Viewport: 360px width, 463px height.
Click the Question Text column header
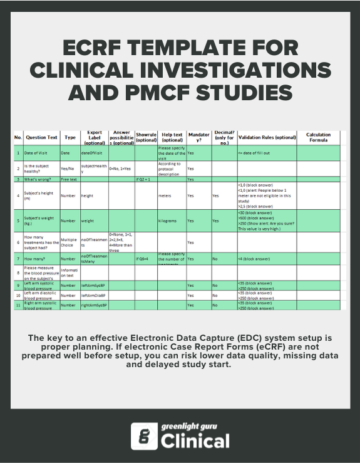pyautogui.click(x=41, y=137)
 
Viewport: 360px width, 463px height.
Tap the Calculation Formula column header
pyautogui.click(x=318, y=137)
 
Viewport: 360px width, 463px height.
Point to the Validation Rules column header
pyautogui.click(x=267, y=137)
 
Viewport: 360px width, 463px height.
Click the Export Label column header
pyautogui.click(x=94, y=137)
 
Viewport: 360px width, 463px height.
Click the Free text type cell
pyautogui.click(x=68, y=179)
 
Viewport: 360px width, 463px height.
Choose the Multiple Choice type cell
pyautogui.click(x=69, y=242)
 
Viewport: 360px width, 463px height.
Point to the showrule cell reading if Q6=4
pyautogui.click(x=145, y=258)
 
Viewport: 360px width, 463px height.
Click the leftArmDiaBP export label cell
pyautogui.click(x=94, y=294)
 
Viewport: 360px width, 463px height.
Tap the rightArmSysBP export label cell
pyautogui.click(x=94, y=305)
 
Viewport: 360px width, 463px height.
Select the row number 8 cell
pyautogui.click(x=18, y=273)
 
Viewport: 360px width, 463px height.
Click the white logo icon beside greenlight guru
pyautogui.click(x=143, y=436)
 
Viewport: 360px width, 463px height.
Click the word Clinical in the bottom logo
pyautogui.click(x=195, y=441)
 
